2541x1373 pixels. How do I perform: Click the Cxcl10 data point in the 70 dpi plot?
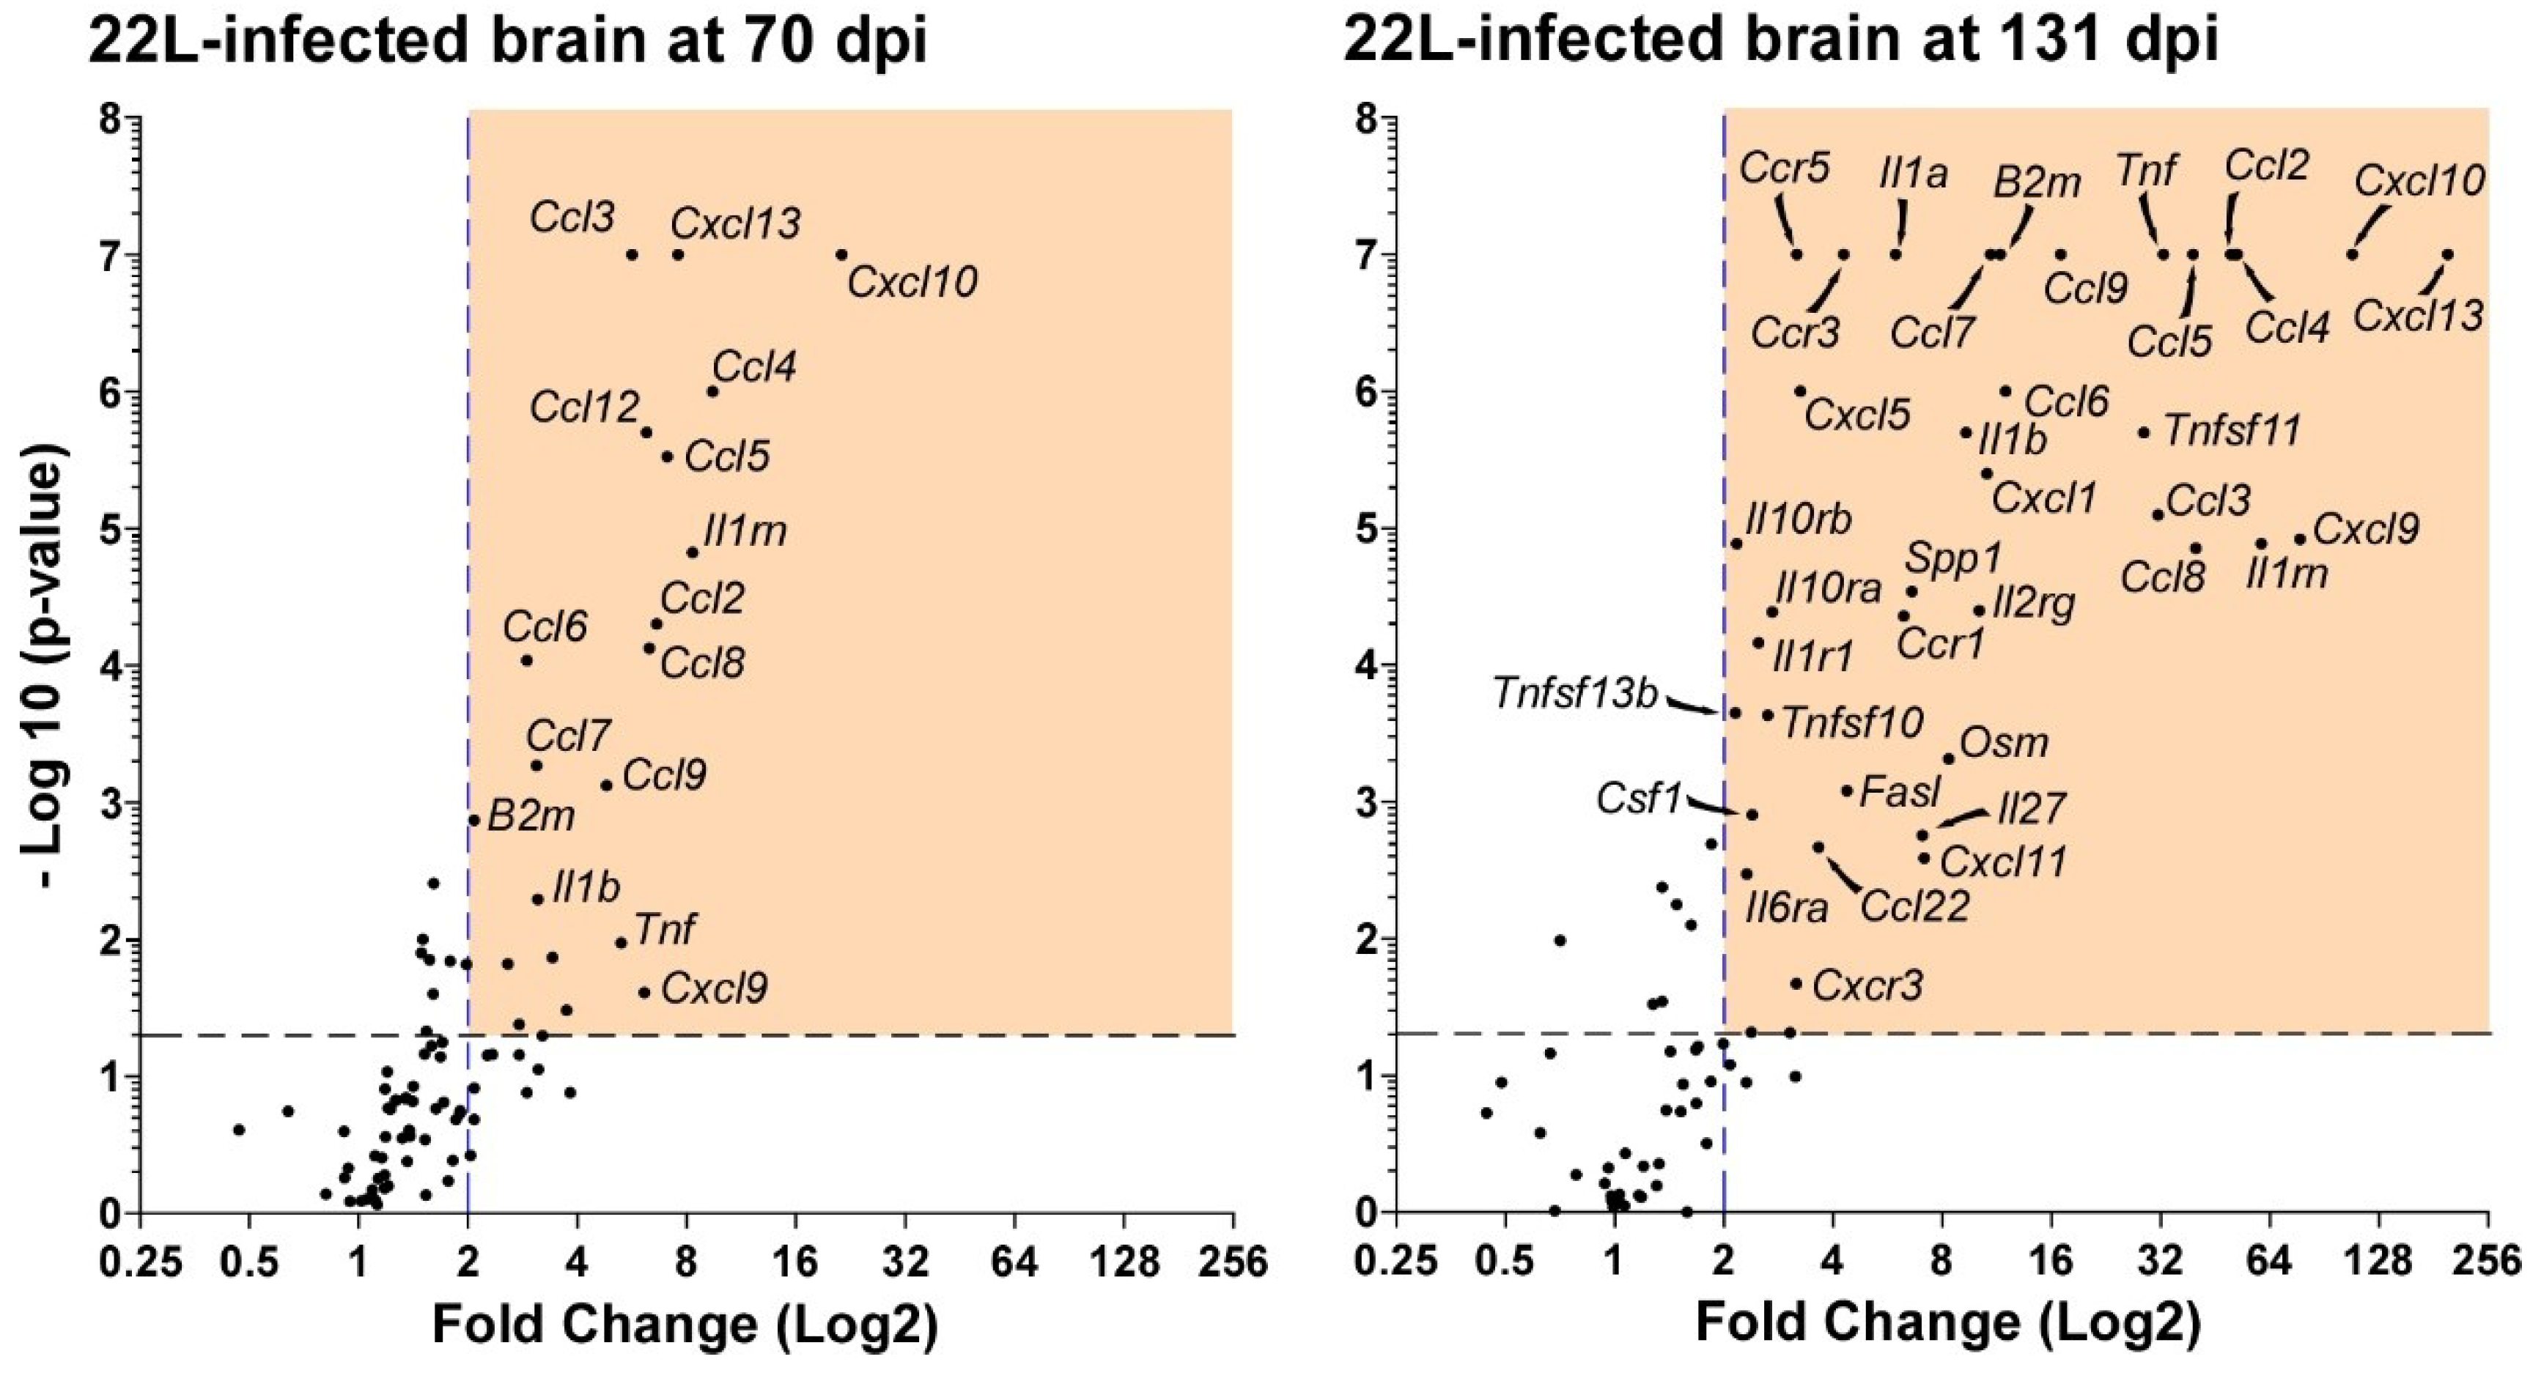click(841, 254)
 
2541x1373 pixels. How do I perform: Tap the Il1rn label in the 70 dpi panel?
click(745, 533)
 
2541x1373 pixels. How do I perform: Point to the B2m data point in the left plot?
click(474, 820)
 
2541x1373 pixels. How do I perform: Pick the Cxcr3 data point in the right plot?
click(1796, 983)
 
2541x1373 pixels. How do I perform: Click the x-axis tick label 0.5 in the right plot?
click(1504, 1264)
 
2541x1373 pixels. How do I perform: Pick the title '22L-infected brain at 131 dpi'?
click(1780, 42)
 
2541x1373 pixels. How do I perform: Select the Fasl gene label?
click(1900, 792)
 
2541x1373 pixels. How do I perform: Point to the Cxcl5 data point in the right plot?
click(1800, 391)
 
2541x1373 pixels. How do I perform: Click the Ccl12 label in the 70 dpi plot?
click(584, 407)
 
